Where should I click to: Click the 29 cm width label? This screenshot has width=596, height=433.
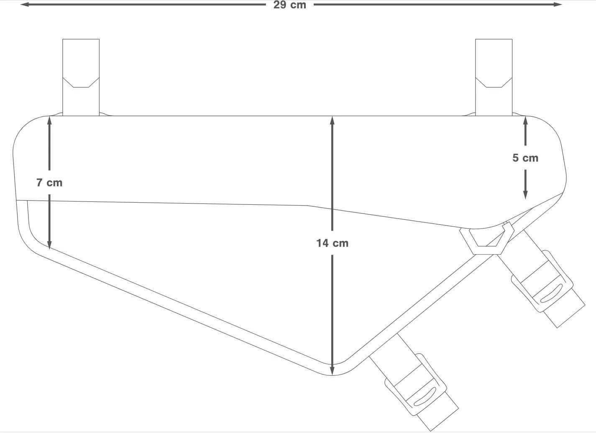(x=290, y=5)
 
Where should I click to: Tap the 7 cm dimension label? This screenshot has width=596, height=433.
(x=49, y=183)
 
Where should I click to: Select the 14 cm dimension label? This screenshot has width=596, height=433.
(x=333, y=243)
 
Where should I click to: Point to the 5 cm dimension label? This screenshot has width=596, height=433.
(x=525, y=158)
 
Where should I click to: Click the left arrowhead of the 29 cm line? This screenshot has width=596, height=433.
(x=25, y=5)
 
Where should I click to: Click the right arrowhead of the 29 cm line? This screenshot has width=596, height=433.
(x=558, y=5)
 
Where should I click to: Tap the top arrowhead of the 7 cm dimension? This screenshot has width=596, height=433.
(x=49, y=121)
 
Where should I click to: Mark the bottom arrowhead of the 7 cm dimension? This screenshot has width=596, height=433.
(x=49, y=245)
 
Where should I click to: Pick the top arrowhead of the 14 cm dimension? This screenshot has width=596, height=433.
(x=332, y=121)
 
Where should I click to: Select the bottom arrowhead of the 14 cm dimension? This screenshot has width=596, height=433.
(x=332, y=370)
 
